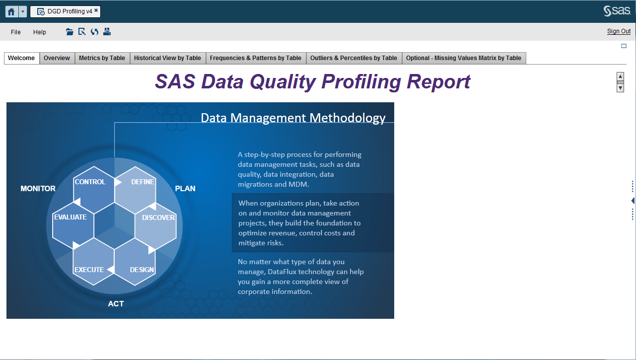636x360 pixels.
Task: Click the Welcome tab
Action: (22, 58)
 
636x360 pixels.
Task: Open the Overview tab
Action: (57, 58)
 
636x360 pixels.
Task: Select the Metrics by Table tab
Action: (102, 58)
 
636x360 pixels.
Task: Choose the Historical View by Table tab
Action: (167, 58)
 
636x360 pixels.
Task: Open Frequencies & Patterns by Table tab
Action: (256, 58)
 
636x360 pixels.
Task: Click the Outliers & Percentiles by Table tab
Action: (353, 58)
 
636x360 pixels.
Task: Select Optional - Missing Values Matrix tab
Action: (463, 58)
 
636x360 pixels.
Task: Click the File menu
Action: (16, 32)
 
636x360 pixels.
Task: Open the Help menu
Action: (40, 32)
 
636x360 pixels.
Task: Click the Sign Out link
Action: (619, 31)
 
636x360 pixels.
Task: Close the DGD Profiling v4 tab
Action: (96, 10)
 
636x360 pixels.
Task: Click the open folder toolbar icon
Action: (70, 32)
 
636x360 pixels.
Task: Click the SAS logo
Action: (617, 11)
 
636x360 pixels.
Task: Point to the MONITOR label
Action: (38, 189)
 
